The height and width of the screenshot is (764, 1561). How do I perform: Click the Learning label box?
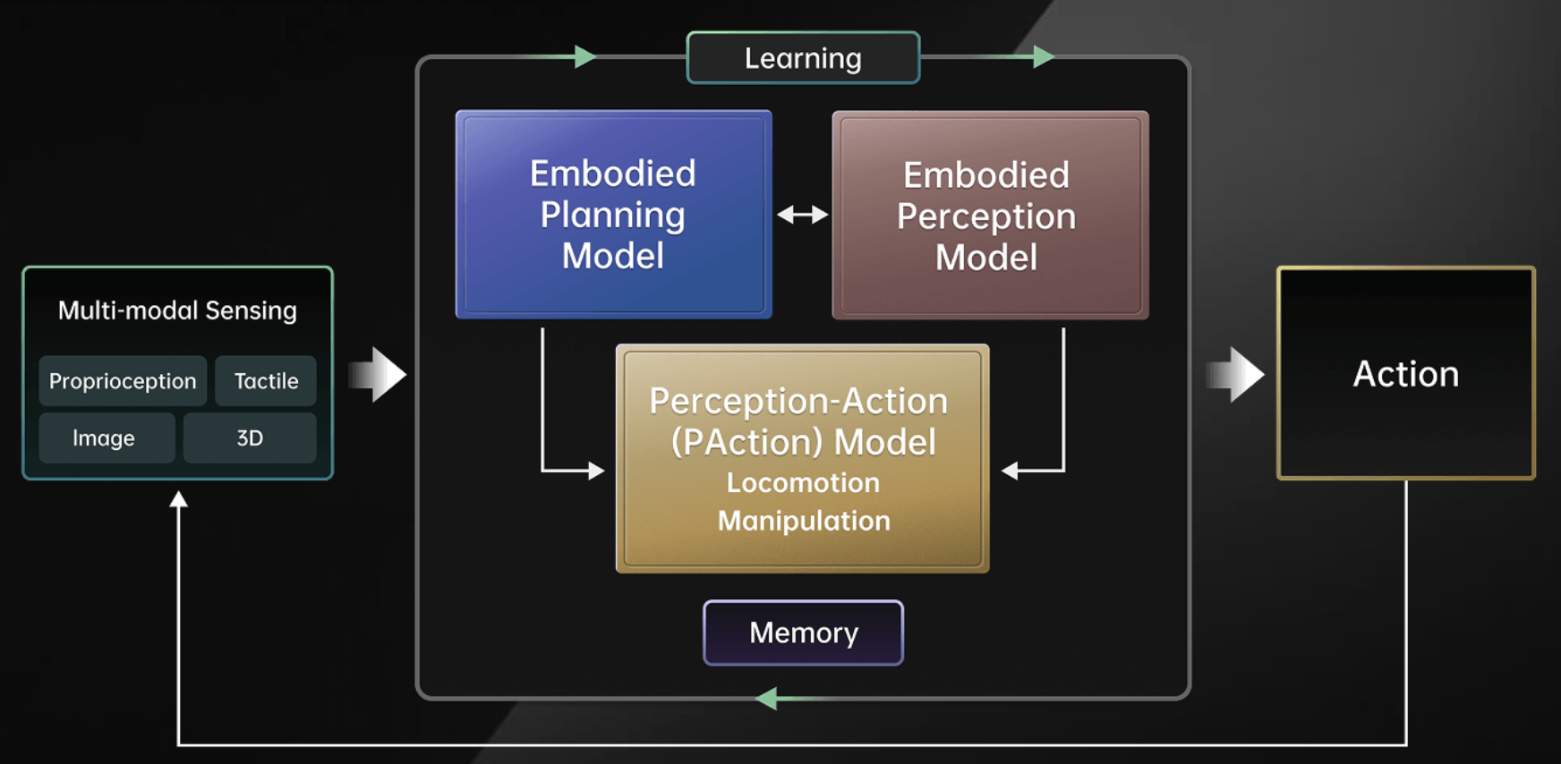(803, 58)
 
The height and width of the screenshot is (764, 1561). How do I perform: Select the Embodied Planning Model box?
(613, 215)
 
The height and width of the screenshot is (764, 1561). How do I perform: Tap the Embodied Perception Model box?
(989, 216)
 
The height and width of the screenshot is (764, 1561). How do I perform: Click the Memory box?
(803, 632)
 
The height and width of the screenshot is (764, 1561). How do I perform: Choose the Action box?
(1405, 373)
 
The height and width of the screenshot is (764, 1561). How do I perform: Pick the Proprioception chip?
(123, 381)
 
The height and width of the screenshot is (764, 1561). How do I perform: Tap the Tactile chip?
(266, 381)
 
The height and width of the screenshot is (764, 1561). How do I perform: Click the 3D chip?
(250, 438)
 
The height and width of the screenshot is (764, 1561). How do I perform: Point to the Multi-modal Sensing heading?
(177, 310)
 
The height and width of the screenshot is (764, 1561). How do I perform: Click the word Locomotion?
(803, 483)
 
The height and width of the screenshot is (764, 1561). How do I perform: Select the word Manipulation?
(803, 521)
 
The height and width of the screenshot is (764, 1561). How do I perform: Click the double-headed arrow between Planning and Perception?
(802, 215)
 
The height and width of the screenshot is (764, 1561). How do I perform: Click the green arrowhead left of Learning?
(585, 57)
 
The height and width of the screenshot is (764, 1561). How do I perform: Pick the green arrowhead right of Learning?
(1044, 57)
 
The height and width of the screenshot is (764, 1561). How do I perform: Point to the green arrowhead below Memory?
(766, 699)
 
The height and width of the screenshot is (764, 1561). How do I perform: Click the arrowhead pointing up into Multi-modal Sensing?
(179, 499)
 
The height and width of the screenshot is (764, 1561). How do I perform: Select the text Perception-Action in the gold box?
(798, 402)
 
